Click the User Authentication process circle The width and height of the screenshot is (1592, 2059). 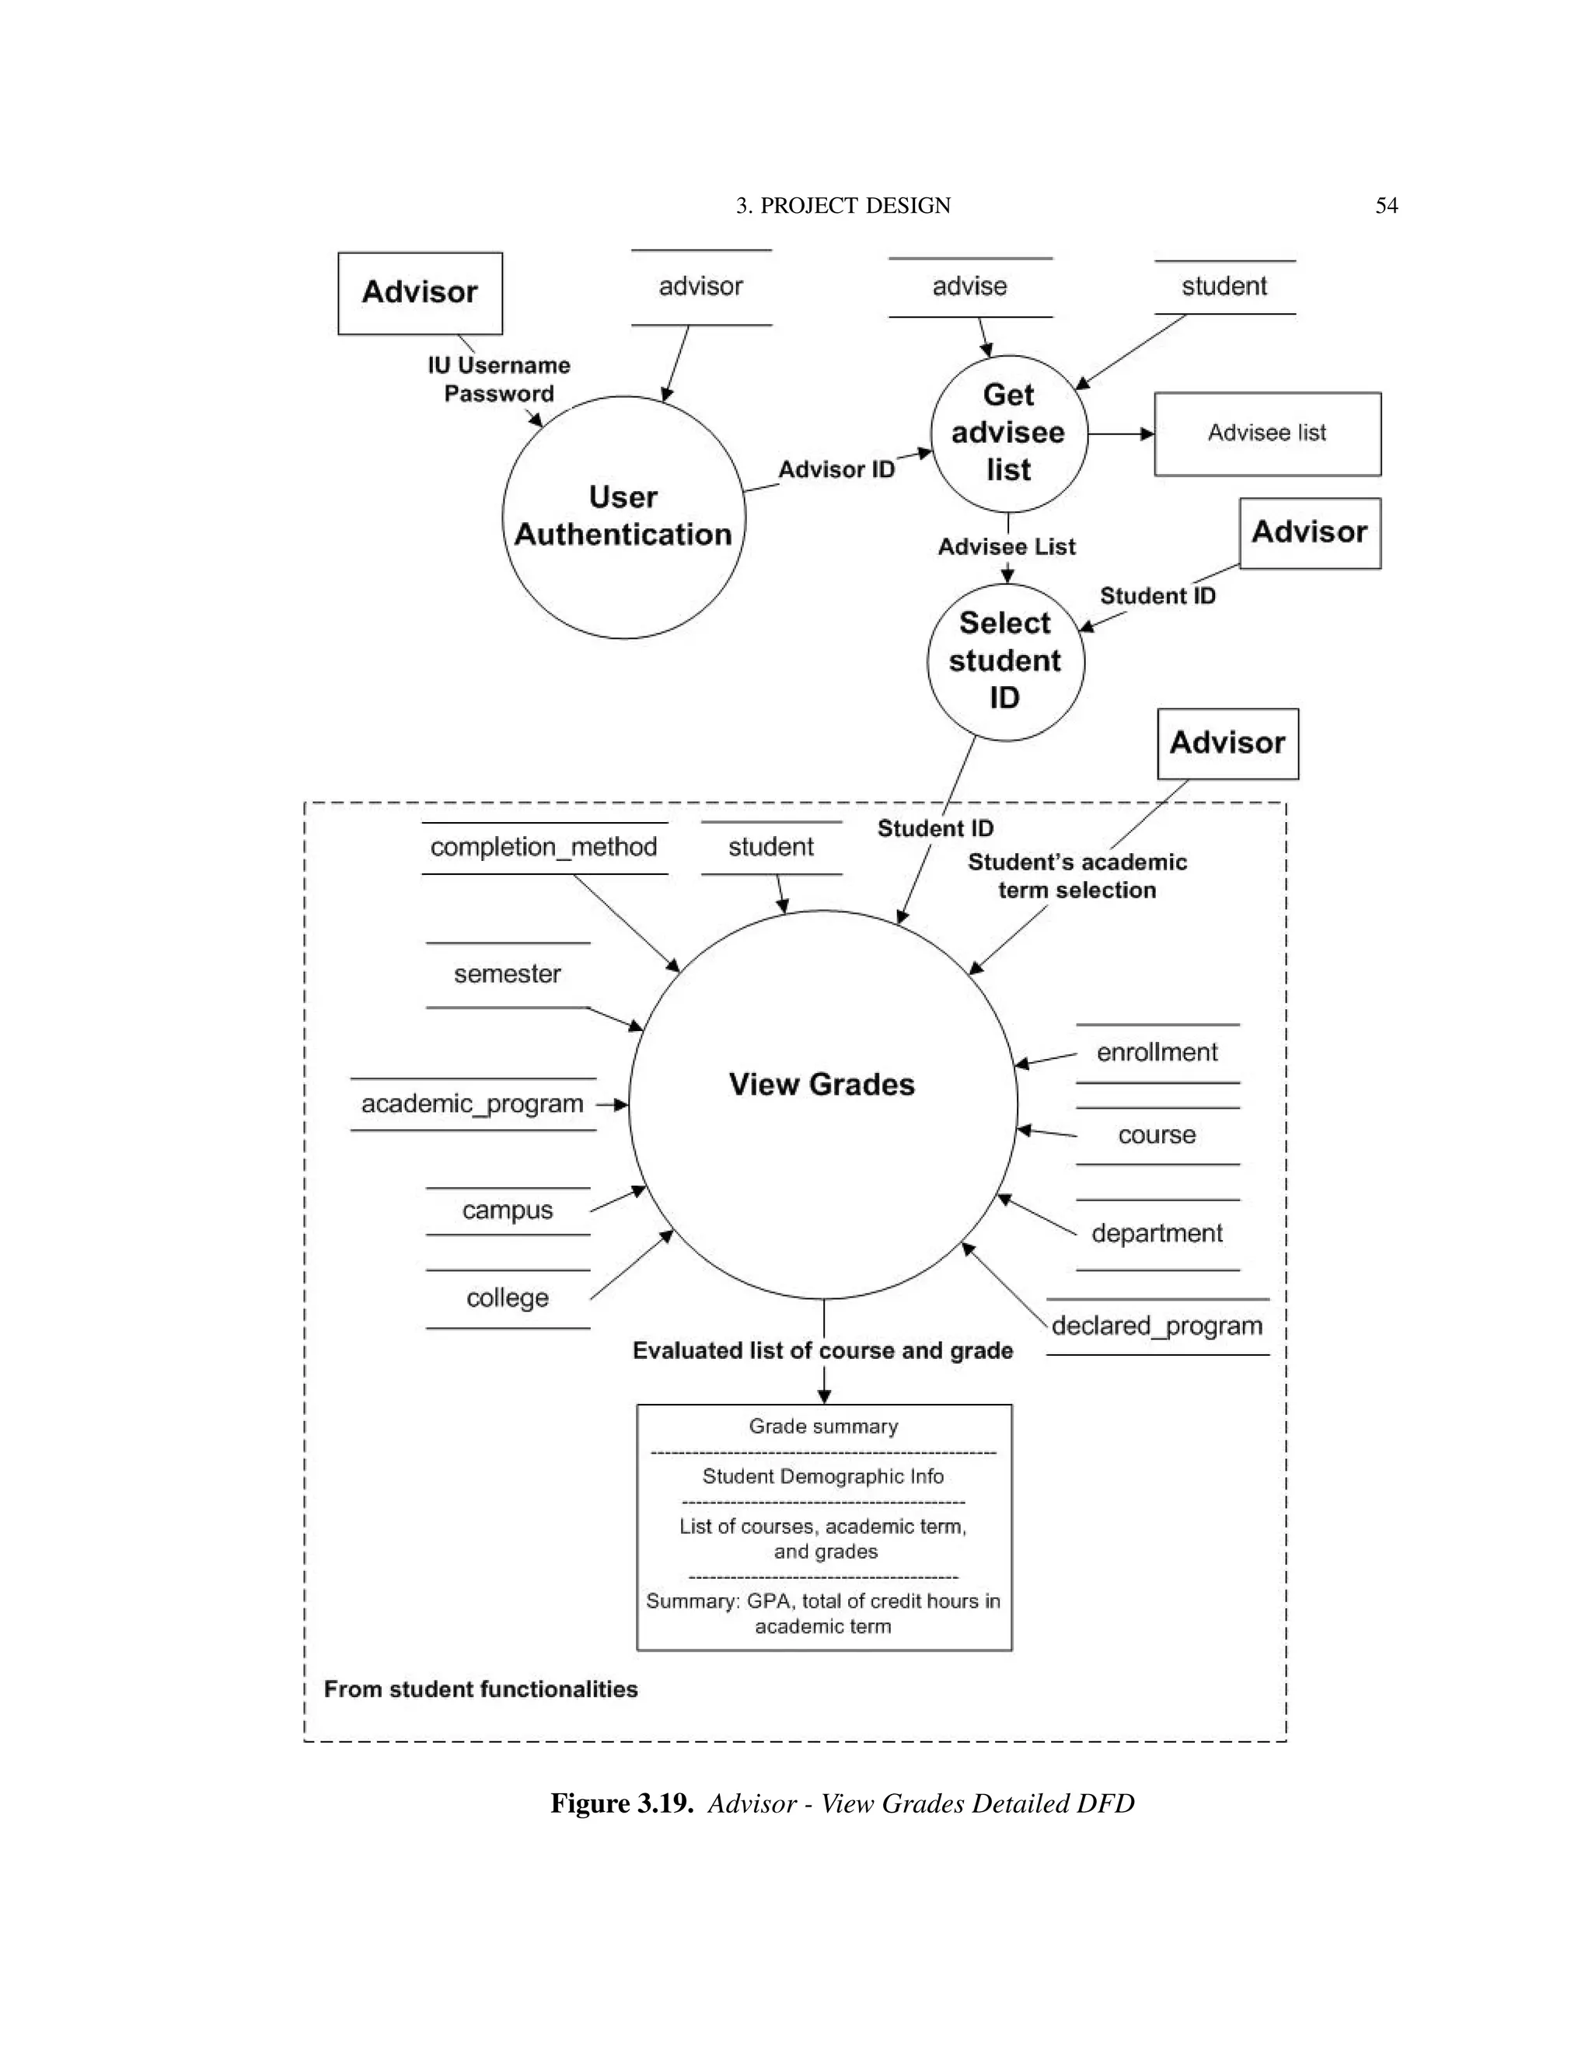pyautogui.click(x=623, y=517)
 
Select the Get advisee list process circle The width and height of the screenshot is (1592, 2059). pyautogui.click(x=1008, y=433)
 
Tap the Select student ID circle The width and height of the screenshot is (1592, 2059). pyautogui.click(x=1005, y=661)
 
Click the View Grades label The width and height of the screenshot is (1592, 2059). pyautogui.click(x=822, y=1084)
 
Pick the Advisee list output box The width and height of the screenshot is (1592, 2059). pyautogui.click(x=1266, y=434)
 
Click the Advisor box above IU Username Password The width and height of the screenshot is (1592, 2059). pyautogui.click(x=420, y=292)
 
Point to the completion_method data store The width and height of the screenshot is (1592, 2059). pyautogui.click(x=543, y=848)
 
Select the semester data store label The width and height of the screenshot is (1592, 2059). pyautogui.click(x=508, y=974)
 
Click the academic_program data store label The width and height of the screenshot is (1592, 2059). pyautogui.click(x=473, y=1104)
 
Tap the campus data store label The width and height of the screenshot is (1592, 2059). pyautogui.click(x=508, y=1211)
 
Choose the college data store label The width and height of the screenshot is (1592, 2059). pyautogui.click(x=508, y=1298)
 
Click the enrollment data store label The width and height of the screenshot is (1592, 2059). pyautogui.click(x=1157, y=1052)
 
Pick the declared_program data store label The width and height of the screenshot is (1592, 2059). pyautogui.click(x=1157, y=1326)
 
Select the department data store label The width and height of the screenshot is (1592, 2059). pyautogui.click(x=1157, y=1234)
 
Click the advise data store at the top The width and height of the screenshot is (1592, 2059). pyautogui.click(x=969, y=287)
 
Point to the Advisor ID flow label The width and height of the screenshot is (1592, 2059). pyautogui.click(x=836, y=469)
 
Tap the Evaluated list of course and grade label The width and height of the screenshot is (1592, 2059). pyautogui.click(x=822, y=1351)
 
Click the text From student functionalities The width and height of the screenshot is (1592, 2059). pyautogui.click(x=481, y=1688)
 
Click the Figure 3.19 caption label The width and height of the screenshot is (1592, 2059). pyautogui.click(x=623, y=1803)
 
